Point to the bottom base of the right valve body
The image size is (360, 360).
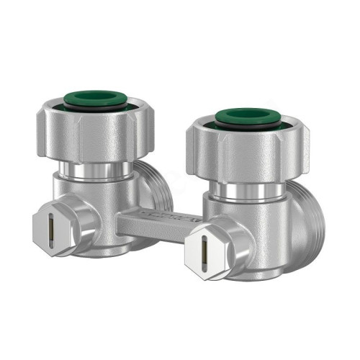pos(256,274)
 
